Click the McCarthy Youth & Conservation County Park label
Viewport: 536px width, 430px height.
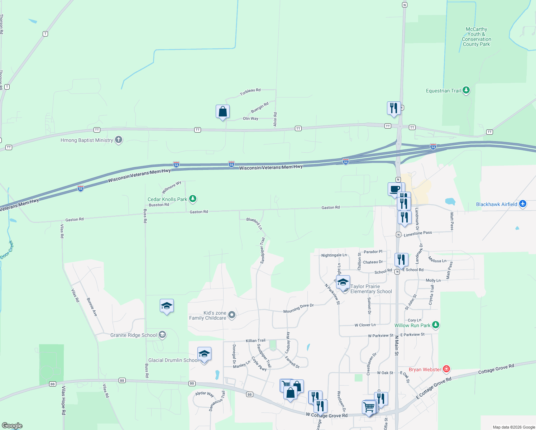[x=476, y=37]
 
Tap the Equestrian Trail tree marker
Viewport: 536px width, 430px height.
[x=466, y=90]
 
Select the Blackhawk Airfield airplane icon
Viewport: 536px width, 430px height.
[x=523, y=204]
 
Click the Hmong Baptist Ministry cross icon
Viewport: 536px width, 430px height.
[x=119, y=140]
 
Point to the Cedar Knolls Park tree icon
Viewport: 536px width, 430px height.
[x=193, y=199]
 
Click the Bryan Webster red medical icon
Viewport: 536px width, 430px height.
[x=446, y=369]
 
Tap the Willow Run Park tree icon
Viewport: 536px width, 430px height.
[x=435, y=325]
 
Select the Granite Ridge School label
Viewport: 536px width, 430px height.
[x=133, y=335]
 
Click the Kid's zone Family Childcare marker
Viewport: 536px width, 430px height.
[x=232, y=315]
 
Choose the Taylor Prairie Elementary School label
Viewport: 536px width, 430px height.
[x=371, y=289]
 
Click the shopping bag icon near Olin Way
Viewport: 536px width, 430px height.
[x=222, y=111]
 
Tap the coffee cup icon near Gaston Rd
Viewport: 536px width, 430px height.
[x=394, y=189]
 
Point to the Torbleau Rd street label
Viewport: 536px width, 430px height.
[x=250, y=92]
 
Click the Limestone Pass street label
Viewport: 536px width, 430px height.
[x=418, y=234]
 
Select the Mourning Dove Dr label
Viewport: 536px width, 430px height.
[x=298, y=309]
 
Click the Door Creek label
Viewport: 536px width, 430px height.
[x=7, y=250]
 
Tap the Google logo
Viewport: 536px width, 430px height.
[x=12, y=426]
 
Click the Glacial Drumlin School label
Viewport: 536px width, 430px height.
[x=173, y=360]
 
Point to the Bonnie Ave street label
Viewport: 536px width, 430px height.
[x=92, y=307]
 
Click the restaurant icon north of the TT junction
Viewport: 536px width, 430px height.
[x=393, y=108]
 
